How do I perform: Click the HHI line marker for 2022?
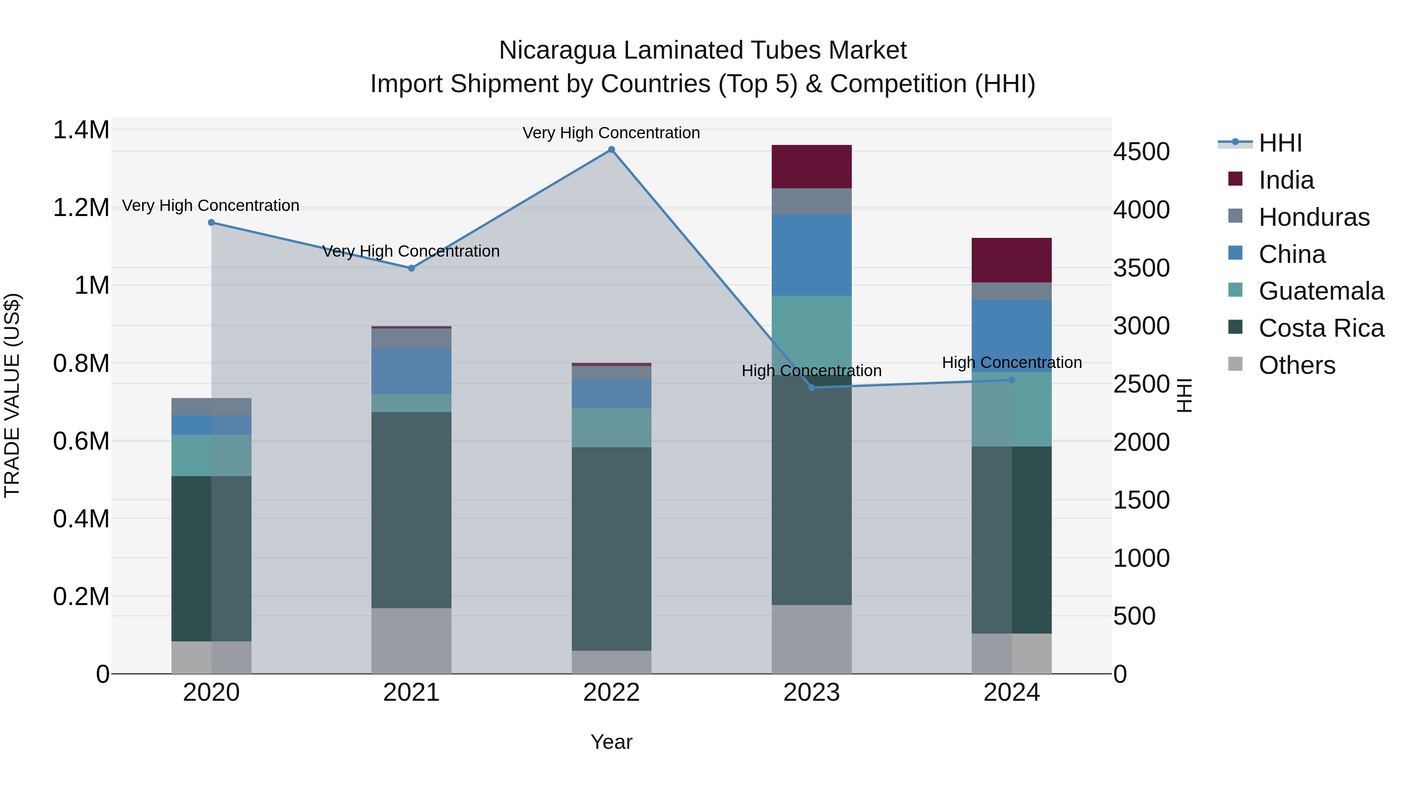click(611, 150)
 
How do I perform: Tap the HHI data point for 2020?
click(211, 222)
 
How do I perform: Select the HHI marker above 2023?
click(811, 387)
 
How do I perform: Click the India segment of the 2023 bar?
click(811, 166)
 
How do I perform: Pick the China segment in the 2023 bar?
click(811, 255)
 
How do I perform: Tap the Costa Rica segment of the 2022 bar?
click(611, 549)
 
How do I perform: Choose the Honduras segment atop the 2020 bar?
click(211, 407)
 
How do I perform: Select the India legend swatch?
click(1235, 179)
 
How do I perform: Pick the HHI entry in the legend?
click(1280, 143)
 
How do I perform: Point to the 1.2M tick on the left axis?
click(81, 208)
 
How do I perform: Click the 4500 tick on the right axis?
click(1141, 152)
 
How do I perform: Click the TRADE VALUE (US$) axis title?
click(12, 395)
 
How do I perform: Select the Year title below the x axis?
click(611, 742)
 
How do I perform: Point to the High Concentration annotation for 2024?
click(1012, 362)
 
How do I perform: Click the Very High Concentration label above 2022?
click(611, 133)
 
